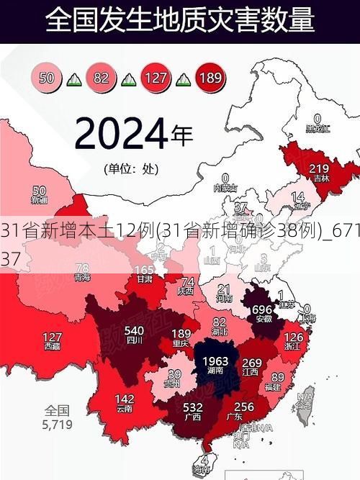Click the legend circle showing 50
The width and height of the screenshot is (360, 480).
click(x=48, y=77)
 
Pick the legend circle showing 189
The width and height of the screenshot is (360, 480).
click(x=210, y=77)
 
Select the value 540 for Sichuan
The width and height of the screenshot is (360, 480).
click(x=135, y=331)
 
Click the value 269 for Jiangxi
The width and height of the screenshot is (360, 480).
click(x=252, y=361)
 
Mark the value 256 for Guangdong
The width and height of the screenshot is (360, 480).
click(x=245, y=407)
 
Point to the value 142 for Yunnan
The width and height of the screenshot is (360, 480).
click(x=125, y=399)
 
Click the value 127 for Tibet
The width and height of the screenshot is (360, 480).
click(x=52, y=337)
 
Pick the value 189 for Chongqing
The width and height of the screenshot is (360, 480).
click(x=181, y=333)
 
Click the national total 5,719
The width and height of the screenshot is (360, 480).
click(x=57, y=425)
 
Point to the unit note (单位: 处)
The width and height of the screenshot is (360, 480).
click(x=130, y=170)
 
